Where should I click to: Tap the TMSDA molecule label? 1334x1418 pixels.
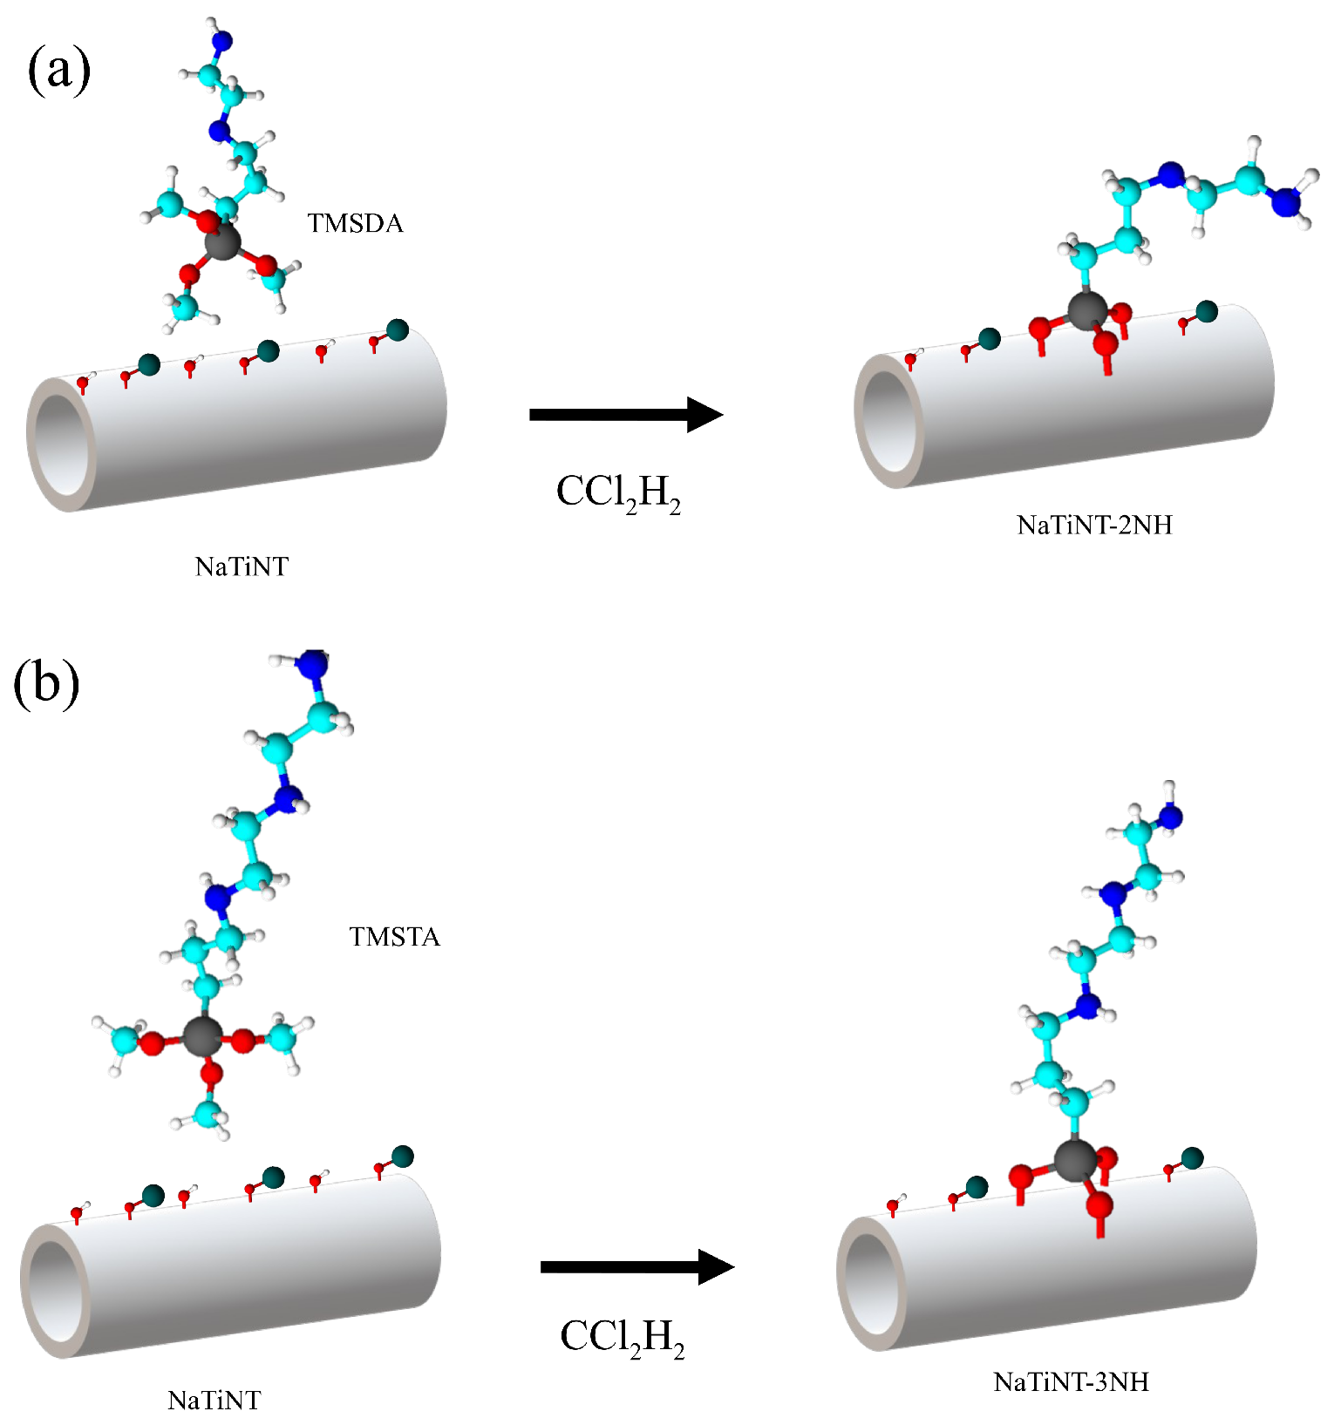click(355, 224)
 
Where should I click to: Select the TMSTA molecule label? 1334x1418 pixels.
click(394, 937)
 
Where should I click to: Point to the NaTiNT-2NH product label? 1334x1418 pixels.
click(1094, 525)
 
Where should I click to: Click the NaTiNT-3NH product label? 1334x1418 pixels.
click(1071, 1382)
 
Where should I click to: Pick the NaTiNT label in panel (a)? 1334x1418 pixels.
click(242, 567)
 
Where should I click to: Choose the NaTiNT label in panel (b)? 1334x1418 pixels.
click(214, 1401)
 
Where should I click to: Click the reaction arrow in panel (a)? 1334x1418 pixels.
click(625, 414)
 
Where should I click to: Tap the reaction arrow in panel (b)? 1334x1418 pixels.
click(636, 1266)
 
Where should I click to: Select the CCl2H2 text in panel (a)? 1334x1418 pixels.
click(618, 493)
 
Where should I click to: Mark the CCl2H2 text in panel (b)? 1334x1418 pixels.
click(622, 1338)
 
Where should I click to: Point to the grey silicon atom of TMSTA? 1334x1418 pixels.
click(202, 1036)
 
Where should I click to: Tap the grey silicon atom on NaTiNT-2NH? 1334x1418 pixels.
click(1087, 310)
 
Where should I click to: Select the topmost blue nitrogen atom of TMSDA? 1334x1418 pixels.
click(223, 40)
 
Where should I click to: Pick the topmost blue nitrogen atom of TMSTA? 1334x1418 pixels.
click(311, 663)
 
